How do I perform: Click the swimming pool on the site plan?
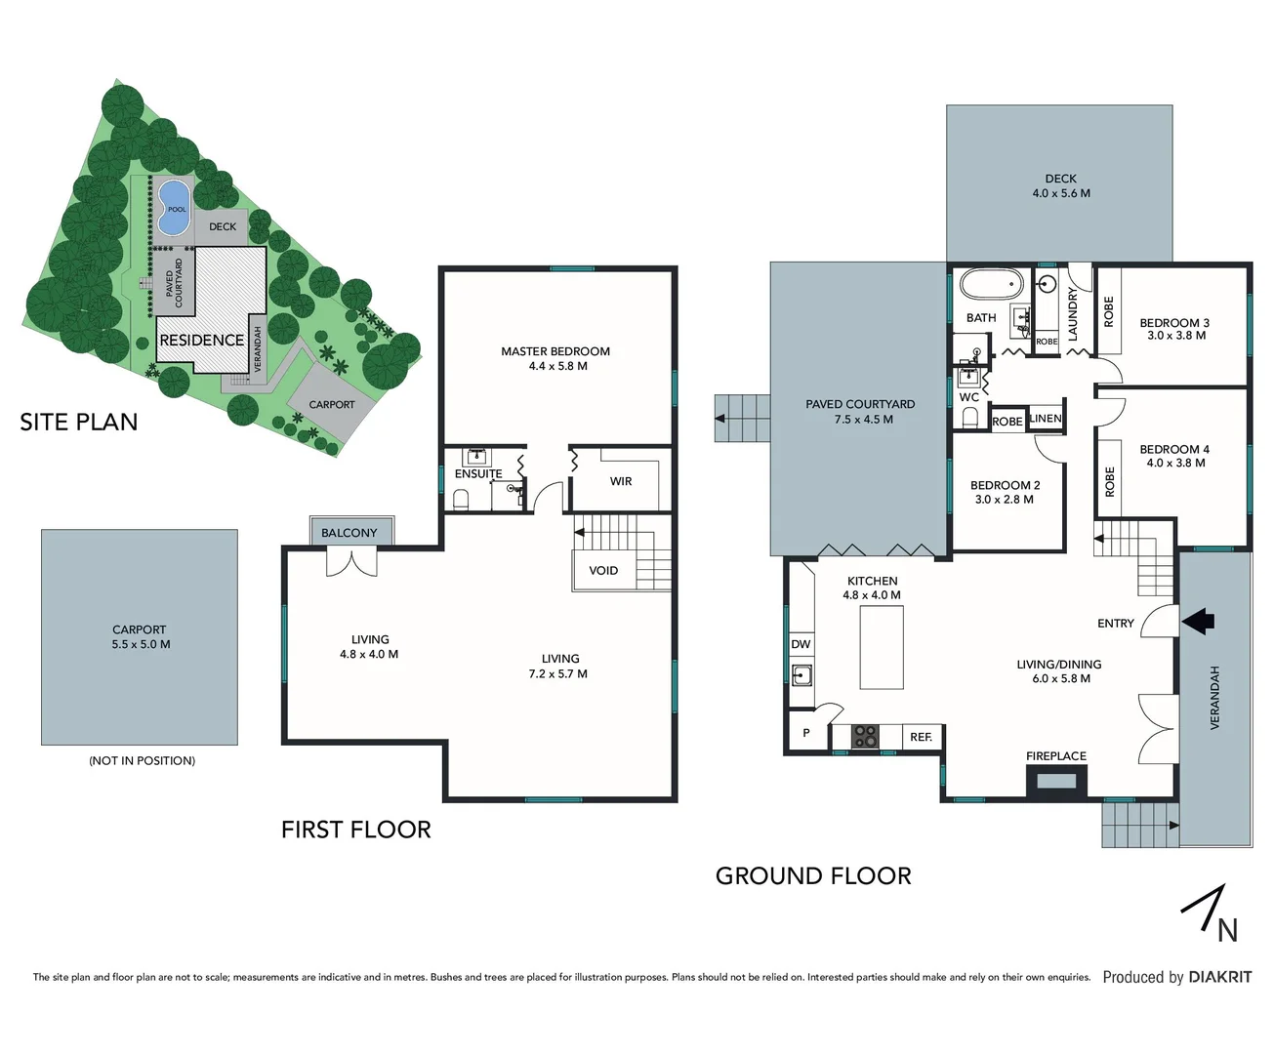click(x=173, y=207)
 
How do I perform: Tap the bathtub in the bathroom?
click(x=990, y=285)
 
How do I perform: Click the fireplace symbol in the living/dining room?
click(x=1055, y=781)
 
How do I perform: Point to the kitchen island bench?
click(x=881, y=647)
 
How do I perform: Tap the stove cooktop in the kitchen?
click(x=865, y=737)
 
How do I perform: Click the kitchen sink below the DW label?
click(x=801, y=673)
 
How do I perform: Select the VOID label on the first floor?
click(x=603, y=571)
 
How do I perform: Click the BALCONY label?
click(x=349, y=533)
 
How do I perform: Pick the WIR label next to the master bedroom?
click(x=621, y=481)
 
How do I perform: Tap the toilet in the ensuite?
click(x=461, y=500)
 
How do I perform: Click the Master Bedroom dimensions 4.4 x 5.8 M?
click(x=557, y=366)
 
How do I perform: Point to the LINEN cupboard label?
click(x=1045, y=419)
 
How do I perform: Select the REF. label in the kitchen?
click(x=921, y=737)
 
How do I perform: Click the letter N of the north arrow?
click(x=1227, y=931)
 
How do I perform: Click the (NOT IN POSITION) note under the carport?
click(x=142, y=760)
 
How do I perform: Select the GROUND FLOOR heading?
click(x=813, y=876)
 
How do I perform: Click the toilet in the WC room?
click(x=970, y=418)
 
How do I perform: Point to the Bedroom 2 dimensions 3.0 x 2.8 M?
click(x=1004, y=500)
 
